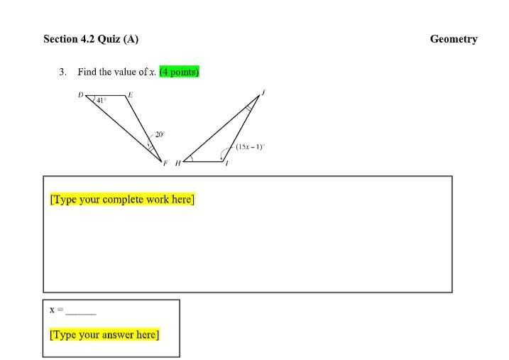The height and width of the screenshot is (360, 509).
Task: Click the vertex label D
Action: coord(80,94)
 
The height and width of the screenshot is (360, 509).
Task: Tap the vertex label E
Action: coord(130,94)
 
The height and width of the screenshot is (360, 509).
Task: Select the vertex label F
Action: coord(165,163)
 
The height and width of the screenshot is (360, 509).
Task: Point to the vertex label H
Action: coord(178,163)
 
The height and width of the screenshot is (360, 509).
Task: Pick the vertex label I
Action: coord(227,163)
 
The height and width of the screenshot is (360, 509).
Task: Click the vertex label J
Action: coord(263,92)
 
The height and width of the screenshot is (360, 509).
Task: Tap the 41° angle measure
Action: coord(101,101)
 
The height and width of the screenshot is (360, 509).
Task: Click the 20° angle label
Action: coord(160,134)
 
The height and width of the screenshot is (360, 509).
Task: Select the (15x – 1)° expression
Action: coord(251,147)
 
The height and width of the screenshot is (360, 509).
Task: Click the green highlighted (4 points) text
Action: coord(179,72)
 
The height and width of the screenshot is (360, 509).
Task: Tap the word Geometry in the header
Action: coord(454,39)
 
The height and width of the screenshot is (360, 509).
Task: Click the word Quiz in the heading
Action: coord(109,39)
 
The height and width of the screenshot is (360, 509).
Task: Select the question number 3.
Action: coord(62,72)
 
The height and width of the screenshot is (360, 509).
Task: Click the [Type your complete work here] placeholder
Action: coord(122,199)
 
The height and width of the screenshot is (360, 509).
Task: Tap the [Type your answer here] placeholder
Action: coord(104,334)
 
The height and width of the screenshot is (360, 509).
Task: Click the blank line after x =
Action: coord(81,314)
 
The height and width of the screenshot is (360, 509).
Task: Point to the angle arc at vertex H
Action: coord(192,158)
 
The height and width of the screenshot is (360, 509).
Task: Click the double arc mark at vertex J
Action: coord(249,108)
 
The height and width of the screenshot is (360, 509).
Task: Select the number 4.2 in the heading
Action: coord(87,39)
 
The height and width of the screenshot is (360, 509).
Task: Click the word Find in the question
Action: coord(87,72)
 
